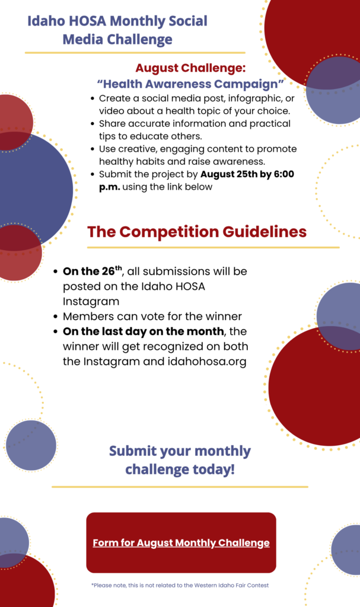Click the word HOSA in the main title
point(88,21)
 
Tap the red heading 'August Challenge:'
point(190,68)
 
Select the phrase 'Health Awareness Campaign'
point(190,84)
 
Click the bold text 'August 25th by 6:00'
point(247,174)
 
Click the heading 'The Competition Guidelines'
point(197,232)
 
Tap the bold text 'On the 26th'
point(93,270)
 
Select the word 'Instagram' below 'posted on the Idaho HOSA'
point(91,301)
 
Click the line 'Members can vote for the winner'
point(152,317)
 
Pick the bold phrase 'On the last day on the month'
point(144,331)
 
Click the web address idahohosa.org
point(207,362)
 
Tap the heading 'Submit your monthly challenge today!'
point(180,460)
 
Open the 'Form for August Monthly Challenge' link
point(181,543)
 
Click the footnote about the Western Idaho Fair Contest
point(180,585)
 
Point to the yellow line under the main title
point(135,52)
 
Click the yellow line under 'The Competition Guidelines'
point(213,247)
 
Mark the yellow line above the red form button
point(180,487)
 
